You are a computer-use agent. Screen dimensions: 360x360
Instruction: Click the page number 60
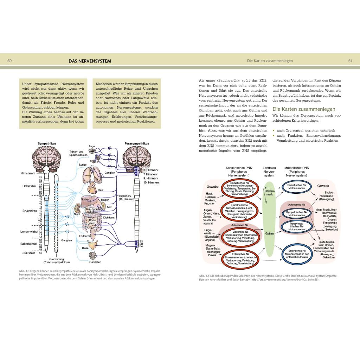(x=9, y=61)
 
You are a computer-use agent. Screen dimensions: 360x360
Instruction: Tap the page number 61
(x=350, y=61)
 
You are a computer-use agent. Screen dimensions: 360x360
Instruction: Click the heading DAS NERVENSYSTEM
(x=90, y=61)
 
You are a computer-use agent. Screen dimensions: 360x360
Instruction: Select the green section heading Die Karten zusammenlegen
(x=304, y=109)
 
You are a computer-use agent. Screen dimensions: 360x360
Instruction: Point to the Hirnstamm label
(x=27, y=174)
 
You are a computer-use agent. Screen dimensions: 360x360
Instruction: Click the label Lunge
(x=83, y=165)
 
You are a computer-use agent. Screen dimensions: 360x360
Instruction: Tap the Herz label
(x=101, y=190)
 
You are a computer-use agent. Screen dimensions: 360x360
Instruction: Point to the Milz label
(x=109, y=207)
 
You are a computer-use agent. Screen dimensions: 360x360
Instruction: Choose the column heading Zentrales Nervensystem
(x=269, y=172)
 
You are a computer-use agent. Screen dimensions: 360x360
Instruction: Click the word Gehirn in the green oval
(x=270, y=233)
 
